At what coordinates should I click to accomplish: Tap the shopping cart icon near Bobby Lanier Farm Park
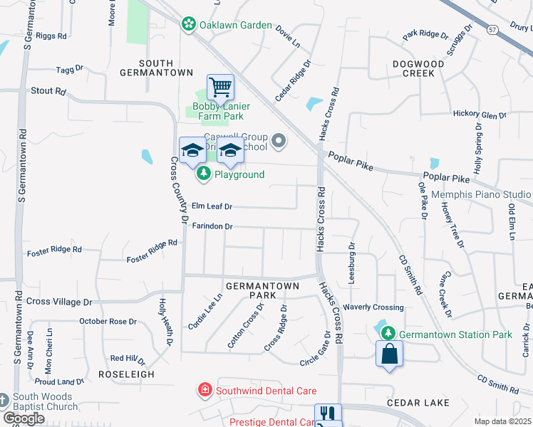(x=221, y=88)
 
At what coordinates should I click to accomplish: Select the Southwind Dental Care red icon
(x=205, y=390)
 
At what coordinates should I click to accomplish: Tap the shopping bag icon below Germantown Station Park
(x=389, y=354)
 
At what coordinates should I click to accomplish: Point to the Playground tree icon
(x=205, y=174)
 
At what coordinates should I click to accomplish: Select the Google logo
(x=24, y=418)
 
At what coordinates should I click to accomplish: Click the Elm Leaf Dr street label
(x=212, y=206)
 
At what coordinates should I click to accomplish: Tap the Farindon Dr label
(x=212, y=226)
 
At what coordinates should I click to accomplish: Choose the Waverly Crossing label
(x=373, y=307)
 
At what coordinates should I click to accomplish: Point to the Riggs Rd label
(x=51, y=35)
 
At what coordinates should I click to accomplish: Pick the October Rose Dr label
(x=108, y=322)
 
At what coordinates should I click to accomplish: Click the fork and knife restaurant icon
(x=328, y=413)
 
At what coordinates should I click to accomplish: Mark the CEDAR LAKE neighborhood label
(x=418, y=403)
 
